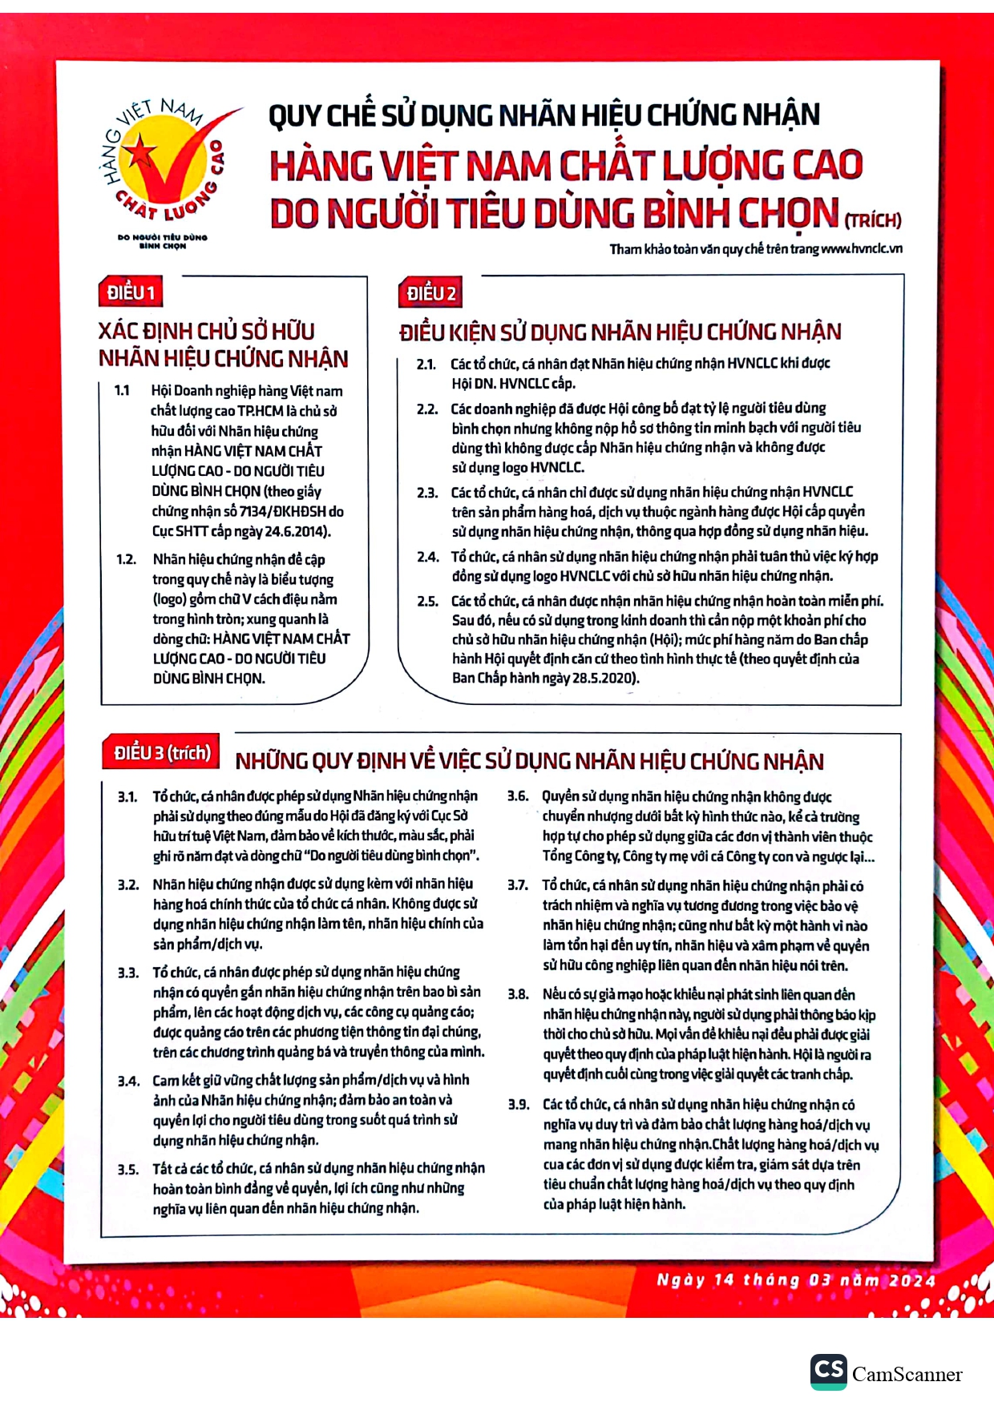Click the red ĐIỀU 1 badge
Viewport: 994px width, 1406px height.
pyautogui.click(x=131, y=292)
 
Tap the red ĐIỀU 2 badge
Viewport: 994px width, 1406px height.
pyautogui.click(x=430, y=293)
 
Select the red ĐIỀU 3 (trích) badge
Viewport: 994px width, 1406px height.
pyautogui.click(x=163, y=753)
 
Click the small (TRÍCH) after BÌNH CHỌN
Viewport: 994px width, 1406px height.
pyautogui.click(x=873, y=220)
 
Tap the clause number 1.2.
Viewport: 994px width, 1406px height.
pyautogui.click(x=127, y=559)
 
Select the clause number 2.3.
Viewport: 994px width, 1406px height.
pyautogui.click(x=427, y=493)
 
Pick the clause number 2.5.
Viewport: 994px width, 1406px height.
pyautogui.click(x=427, y=601)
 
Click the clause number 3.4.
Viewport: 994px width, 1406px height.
pyautogui.click(x=129, y=1081)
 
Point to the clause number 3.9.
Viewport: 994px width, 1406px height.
pyautogui.click(x=519, y=1105)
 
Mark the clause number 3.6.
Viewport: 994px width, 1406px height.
pyautogui.click(x=518, y=796)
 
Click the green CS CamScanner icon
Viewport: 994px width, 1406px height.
pyautogui.click(x=828, y=1372)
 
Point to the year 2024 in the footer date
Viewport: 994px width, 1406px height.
pyautogui.click(x=911, y=1280)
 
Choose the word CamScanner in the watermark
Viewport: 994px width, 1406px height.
pyautogui.click(x=907, y=1375)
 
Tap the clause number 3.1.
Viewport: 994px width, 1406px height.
pyautogui.click(x=128, y=796)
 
